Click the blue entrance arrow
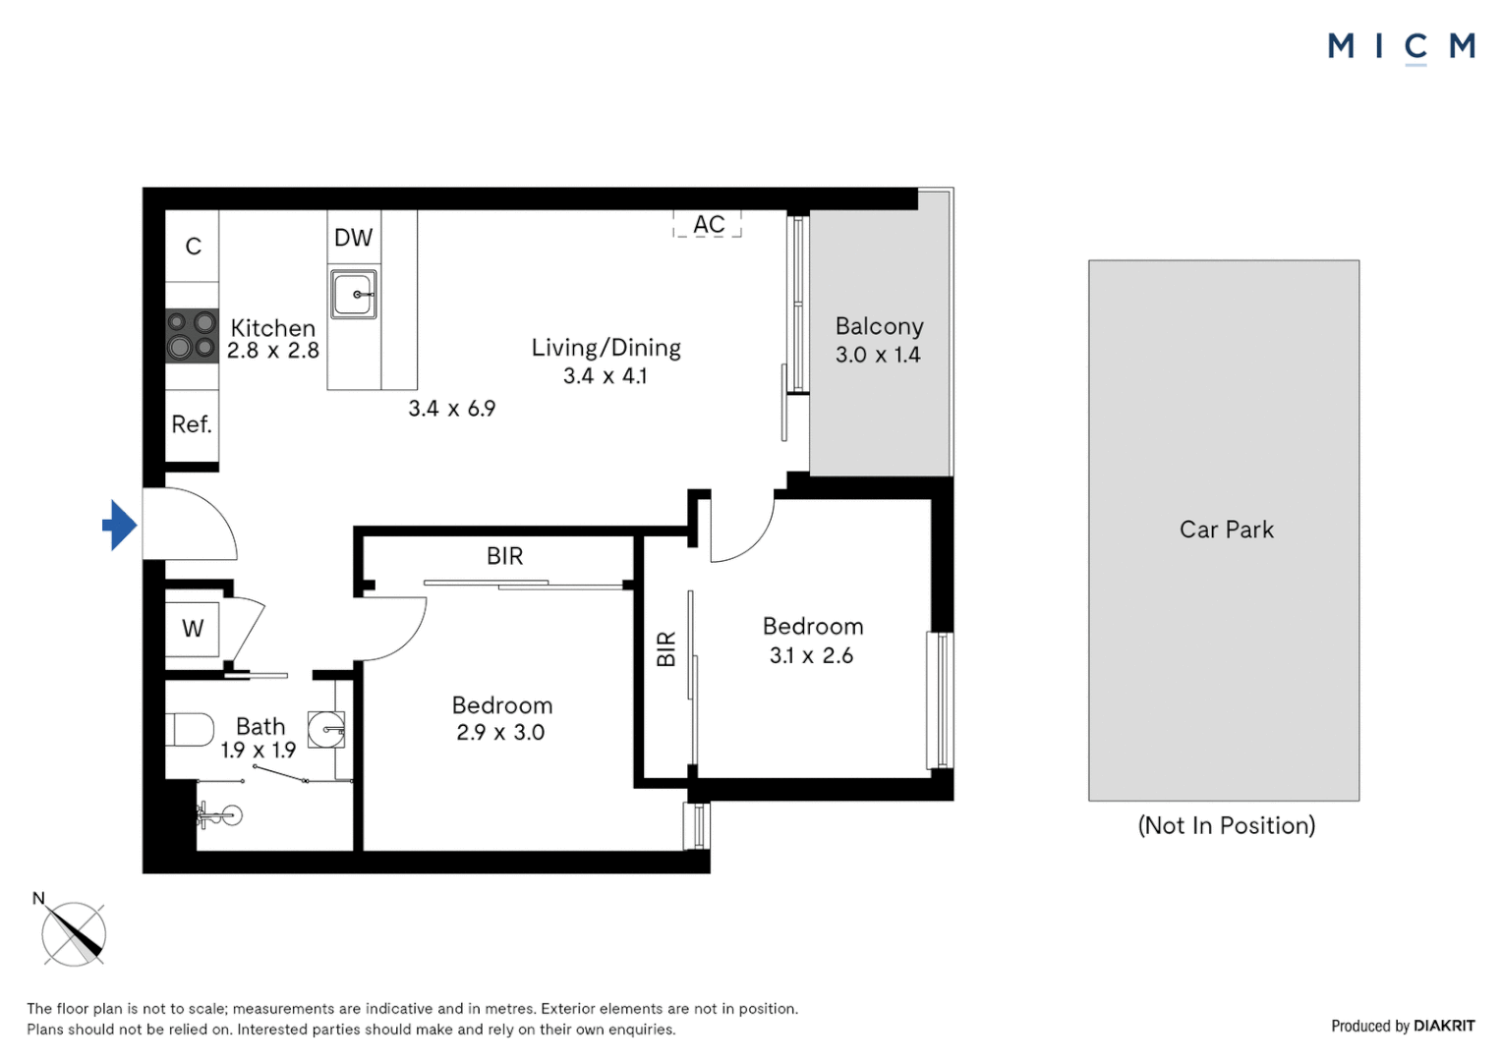point(120,526)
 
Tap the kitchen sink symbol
point(353,295)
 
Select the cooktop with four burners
point(192,335)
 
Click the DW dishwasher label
point(353,238)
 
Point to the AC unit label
point(709,225)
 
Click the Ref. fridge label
point(192,424)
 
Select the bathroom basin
point(327,730)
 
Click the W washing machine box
point(193,629)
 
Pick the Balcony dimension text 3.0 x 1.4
point(878,355)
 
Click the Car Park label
point(1226,530)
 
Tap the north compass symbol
point(74,933)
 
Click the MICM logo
point(1401,46)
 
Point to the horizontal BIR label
point(504,556)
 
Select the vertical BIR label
point(666,649)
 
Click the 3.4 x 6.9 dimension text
point(452,409)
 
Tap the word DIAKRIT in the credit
point(1444,1026)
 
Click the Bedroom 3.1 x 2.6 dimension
point(811,655)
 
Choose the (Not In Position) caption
point(1226,825)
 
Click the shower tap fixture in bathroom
point(221,814)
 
